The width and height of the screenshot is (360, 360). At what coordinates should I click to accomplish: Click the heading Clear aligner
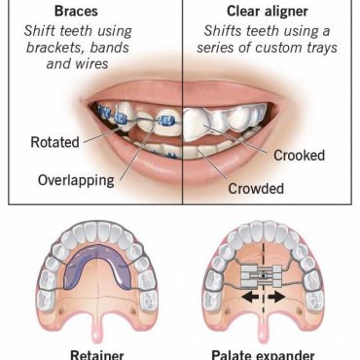click(x=270, y=12)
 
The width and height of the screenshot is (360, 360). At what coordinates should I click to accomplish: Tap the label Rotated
click(x=54, y=142)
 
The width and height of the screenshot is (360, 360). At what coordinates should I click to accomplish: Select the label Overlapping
click(x=75, y=181)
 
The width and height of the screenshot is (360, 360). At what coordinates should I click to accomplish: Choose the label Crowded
click(x=255, y=189)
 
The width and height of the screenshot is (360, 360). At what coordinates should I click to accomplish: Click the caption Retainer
click(x=96, y=353)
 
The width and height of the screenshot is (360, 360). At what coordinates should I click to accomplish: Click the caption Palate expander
click(x=268, y=353)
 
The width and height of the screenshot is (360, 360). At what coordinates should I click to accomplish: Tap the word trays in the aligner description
click(x=318, y=51)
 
